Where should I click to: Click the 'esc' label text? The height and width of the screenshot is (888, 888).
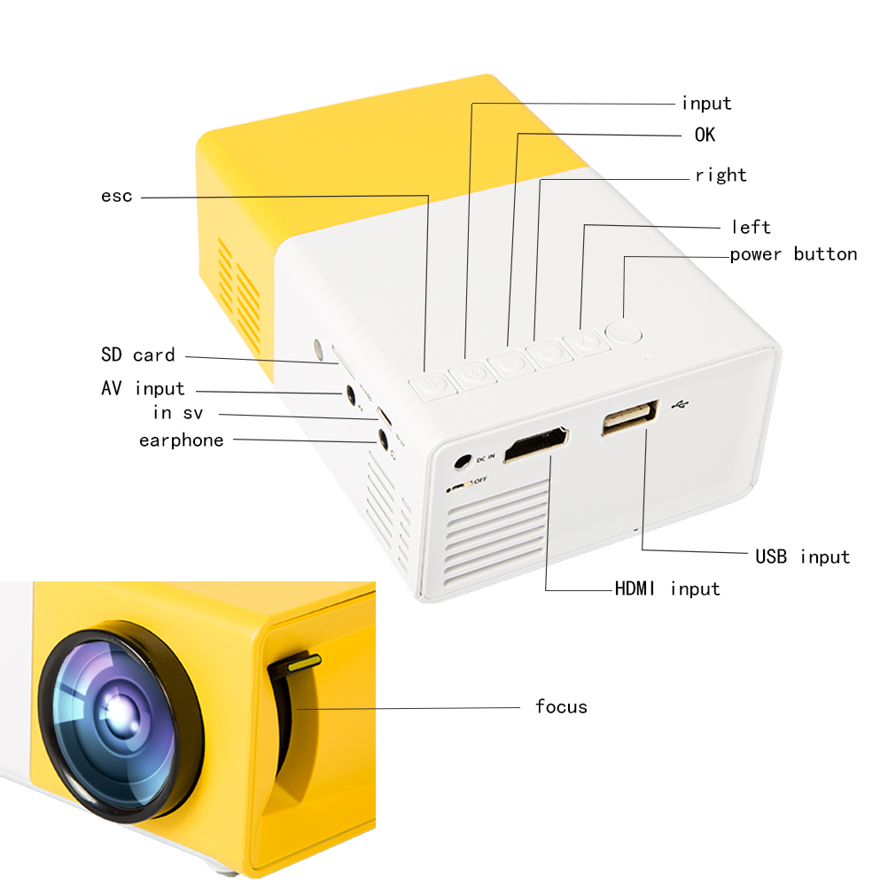point(117,196)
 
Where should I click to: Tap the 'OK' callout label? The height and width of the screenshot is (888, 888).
point(705,135)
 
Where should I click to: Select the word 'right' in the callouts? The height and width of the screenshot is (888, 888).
point(721,175)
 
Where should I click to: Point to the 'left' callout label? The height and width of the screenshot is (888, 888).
point(751,227)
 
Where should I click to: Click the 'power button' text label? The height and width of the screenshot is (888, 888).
point(793,254)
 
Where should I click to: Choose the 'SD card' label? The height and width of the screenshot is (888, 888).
point(138,354)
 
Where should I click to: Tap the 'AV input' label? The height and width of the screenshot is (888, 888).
point(144,388)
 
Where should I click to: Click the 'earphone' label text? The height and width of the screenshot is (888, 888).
point(181,440)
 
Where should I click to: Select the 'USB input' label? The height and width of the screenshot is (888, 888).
point(803,557)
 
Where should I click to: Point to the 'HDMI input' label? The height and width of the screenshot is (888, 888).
point(667,589)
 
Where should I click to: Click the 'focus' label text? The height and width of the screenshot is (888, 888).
point(561,706)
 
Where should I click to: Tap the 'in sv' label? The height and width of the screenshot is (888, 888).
point(178,413)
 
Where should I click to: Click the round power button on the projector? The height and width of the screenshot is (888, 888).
point(624,332)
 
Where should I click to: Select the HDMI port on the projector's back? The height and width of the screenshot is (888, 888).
point(536,444)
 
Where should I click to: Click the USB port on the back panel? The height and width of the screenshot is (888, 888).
point(630,417)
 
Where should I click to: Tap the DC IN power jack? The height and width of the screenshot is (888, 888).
point(463,462)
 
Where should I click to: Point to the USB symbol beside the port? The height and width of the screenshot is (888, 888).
point(680,405)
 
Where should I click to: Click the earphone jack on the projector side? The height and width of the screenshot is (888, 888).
point(384,438)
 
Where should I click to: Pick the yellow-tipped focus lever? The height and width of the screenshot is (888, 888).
point(304,662)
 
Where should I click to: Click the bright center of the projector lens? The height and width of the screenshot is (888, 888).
point(120,711)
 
